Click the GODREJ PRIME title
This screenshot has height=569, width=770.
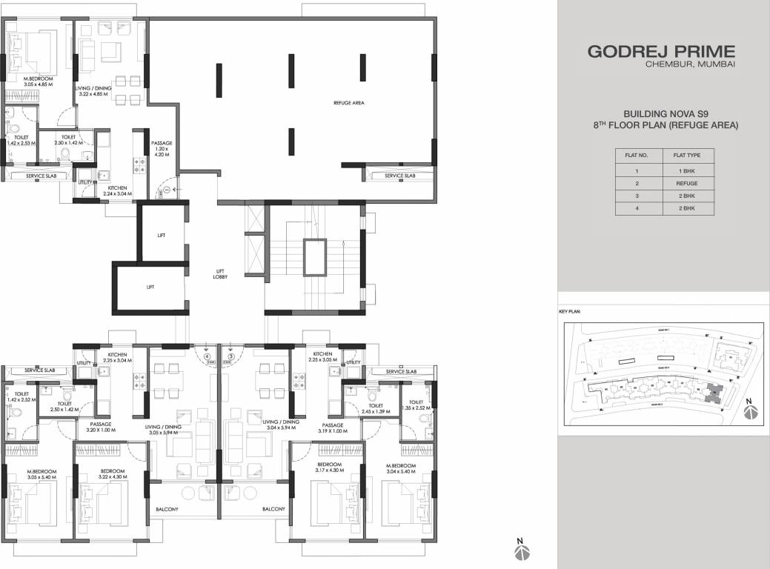pyautogui.click(x=661, y=51)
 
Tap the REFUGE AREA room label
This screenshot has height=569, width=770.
pyautogui.click(x=348, y=103)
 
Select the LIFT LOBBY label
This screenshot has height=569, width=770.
pyautogui.click(x=221, y=274)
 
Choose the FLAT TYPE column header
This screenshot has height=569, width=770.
pyautogui.click(x=683, y=156)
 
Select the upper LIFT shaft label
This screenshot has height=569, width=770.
pyautogui.click(x=161, y=235)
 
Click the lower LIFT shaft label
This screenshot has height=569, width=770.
pyautogui.click(x=150, y=286)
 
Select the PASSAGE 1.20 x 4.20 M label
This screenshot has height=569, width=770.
pyautogui.click(x=162, y=150)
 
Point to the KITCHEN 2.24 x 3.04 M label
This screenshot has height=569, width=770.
pyautogui.click(x=119, y=191)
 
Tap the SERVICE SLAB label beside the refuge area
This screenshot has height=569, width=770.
pyautogui.click(x=399, y=176)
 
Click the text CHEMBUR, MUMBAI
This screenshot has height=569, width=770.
pyautogui.click(x=690, y=66)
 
